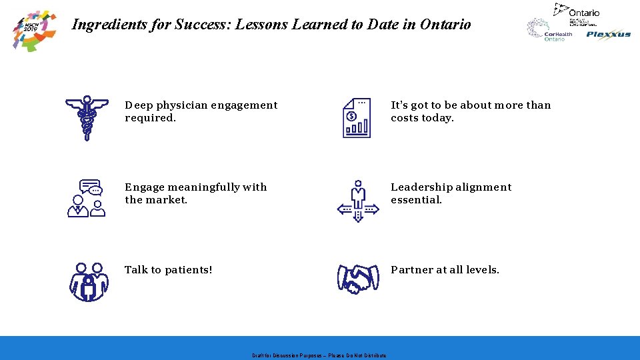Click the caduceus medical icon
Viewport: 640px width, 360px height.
click(x=87, y=118)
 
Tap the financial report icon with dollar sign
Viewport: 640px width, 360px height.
click(x=357, y=118)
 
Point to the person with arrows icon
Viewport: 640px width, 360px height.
click(x=358, y=200)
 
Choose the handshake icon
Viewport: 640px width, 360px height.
click(x=358, y=279)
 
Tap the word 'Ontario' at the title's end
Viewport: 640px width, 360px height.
click(x=446, y=25)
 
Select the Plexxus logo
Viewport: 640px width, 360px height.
click(x=608, y=35)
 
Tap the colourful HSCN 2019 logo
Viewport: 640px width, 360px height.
click(x=35, y=29)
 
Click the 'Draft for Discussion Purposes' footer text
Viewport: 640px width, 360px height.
click(x=319, y=355)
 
